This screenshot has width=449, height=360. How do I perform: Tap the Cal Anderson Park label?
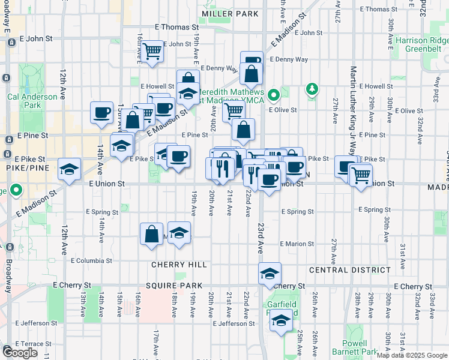click(x=32, y=101)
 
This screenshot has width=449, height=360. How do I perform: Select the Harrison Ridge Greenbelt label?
click(x=422, y=45)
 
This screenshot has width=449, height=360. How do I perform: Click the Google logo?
click(x=20, y=353)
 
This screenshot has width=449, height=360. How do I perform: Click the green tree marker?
click(x=312, y=89)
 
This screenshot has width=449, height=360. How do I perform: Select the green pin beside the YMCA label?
click(x=274, y=95)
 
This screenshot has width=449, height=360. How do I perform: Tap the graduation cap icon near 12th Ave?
click(x=70, y=169)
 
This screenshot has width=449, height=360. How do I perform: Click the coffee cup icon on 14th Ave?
click(x=101, y=112)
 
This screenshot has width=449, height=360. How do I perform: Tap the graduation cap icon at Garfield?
click(x=280, y=321)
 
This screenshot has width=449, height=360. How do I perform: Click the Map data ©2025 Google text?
click(x=412, y=355)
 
